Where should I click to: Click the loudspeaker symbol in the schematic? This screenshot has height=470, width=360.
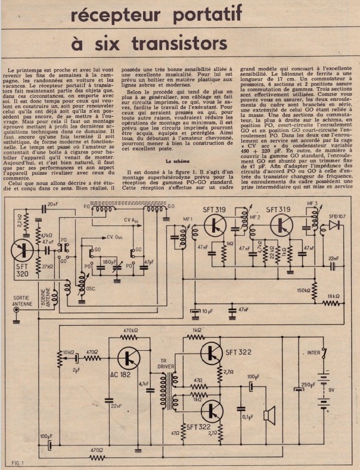click(269, 415)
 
